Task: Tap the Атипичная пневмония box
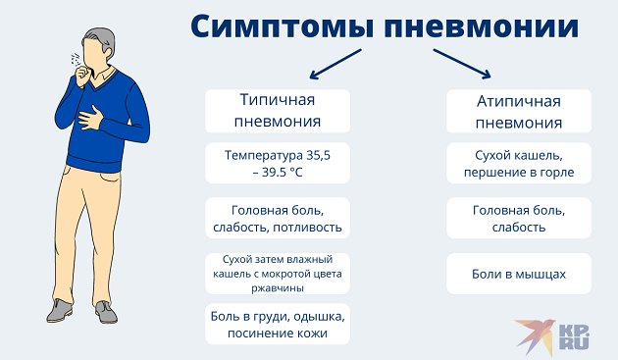[x=519, y=111]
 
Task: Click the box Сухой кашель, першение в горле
[x=519, y=164]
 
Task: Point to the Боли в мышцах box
[x=519, y=274]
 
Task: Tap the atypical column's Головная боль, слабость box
[x=519, y=219]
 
